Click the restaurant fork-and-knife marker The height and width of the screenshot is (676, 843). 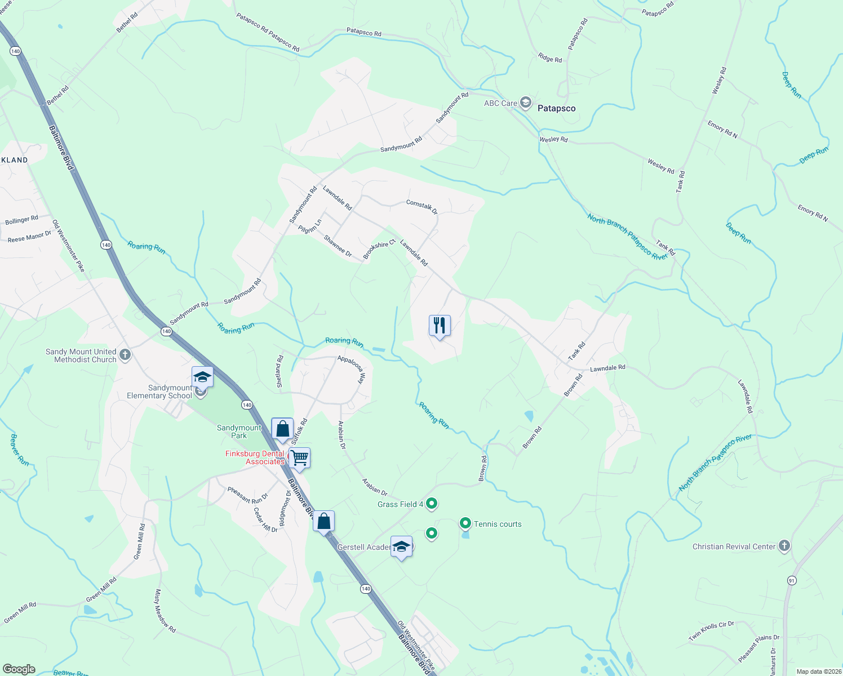440,326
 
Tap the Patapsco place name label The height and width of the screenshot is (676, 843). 556,108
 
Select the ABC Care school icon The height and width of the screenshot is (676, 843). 525,103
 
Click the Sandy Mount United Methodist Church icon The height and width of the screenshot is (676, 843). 125,355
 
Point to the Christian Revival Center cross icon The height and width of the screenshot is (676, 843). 784,546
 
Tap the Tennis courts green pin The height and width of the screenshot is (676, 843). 465,523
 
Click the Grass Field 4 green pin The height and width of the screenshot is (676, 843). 432,504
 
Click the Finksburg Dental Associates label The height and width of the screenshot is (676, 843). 255,457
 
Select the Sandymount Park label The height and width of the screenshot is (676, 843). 239,432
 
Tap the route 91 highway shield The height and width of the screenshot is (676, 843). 792,580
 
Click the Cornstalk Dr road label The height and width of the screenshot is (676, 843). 422,206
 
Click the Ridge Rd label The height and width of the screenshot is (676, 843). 549,57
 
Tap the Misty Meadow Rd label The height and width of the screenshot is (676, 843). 165,611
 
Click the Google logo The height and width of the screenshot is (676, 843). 19,669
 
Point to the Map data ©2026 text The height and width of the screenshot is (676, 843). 818,671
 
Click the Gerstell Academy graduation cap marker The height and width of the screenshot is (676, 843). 401,547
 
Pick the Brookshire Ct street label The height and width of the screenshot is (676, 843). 379,250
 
